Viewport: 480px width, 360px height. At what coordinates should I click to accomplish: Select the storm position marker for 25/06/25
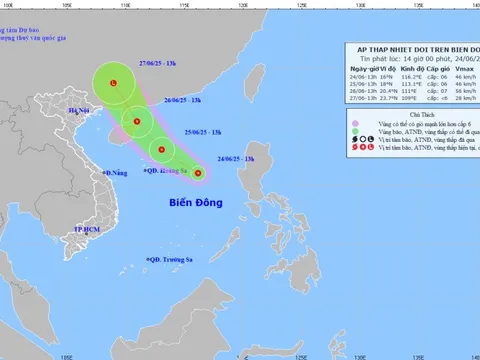(159, 152)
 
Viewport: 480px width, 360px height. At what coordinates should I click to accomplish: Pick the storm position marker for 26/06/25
(136, 124)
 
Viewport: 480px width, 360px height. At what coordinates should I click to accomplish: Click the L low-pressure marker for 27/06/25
(114, 83)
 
